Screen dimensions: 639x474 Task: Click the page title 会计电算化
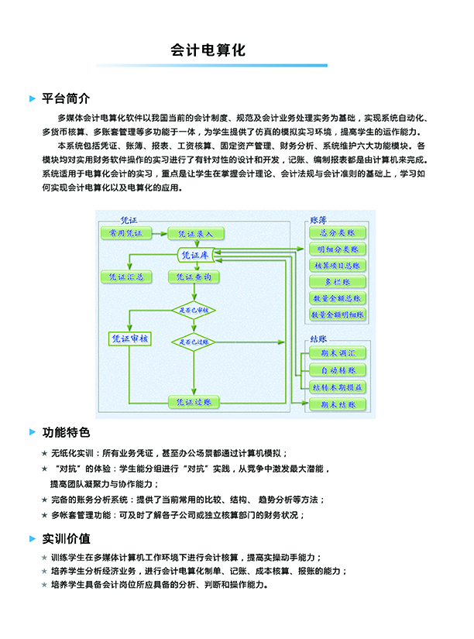[x=208, y=51]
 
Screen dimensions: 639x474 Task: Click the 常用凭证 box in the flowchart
[x=124, y=232]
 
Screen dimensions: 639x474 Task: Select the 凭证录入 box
[x=195, y=233]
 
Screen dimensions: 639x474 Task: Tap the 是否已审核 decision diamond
[x=194, y=310]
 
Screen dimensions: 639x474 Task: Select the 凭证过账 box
[x=194, y=401]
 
